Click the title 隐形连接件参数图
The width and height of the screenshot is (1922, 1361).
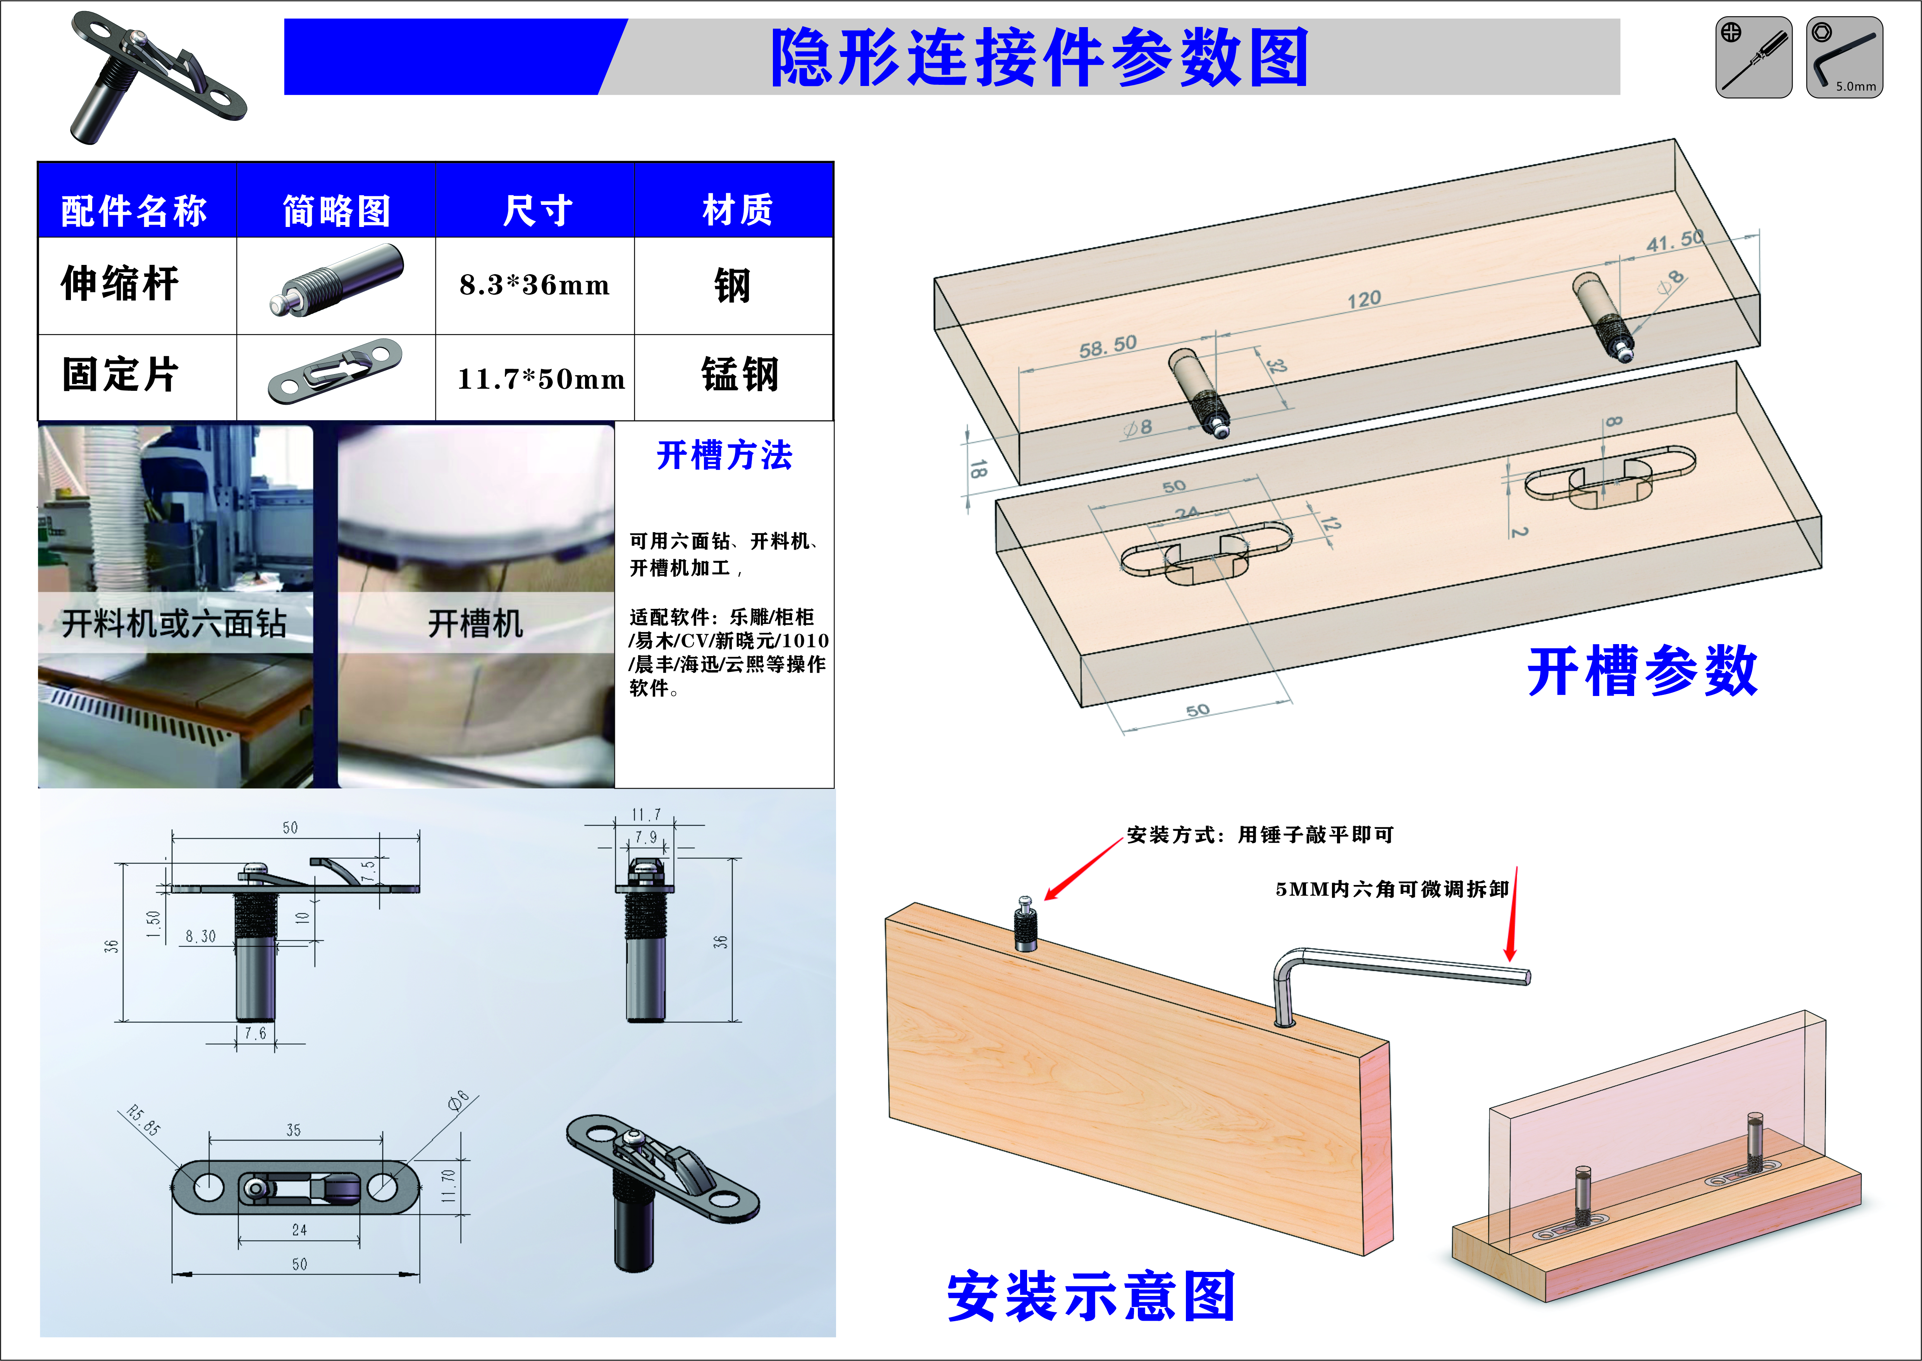pos(1039,57)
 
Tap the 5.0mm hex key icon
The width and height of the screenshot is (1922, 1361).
pos(1844,57)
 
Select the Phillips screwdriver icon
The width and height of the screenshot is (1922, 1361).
pos(1753,57)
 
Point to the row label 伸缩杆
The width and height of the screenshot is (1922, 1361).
pos(120,283)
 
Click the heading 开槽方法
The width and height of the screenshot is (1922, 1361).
pos(724,455)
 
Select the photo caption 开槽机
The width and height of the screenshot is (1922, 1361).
pos(475,624)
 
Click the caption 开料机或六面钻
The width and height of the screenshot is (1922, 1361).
pos(174,624)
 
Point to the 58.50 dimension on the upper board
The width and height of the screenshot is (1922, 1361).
pos(1107,345)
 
